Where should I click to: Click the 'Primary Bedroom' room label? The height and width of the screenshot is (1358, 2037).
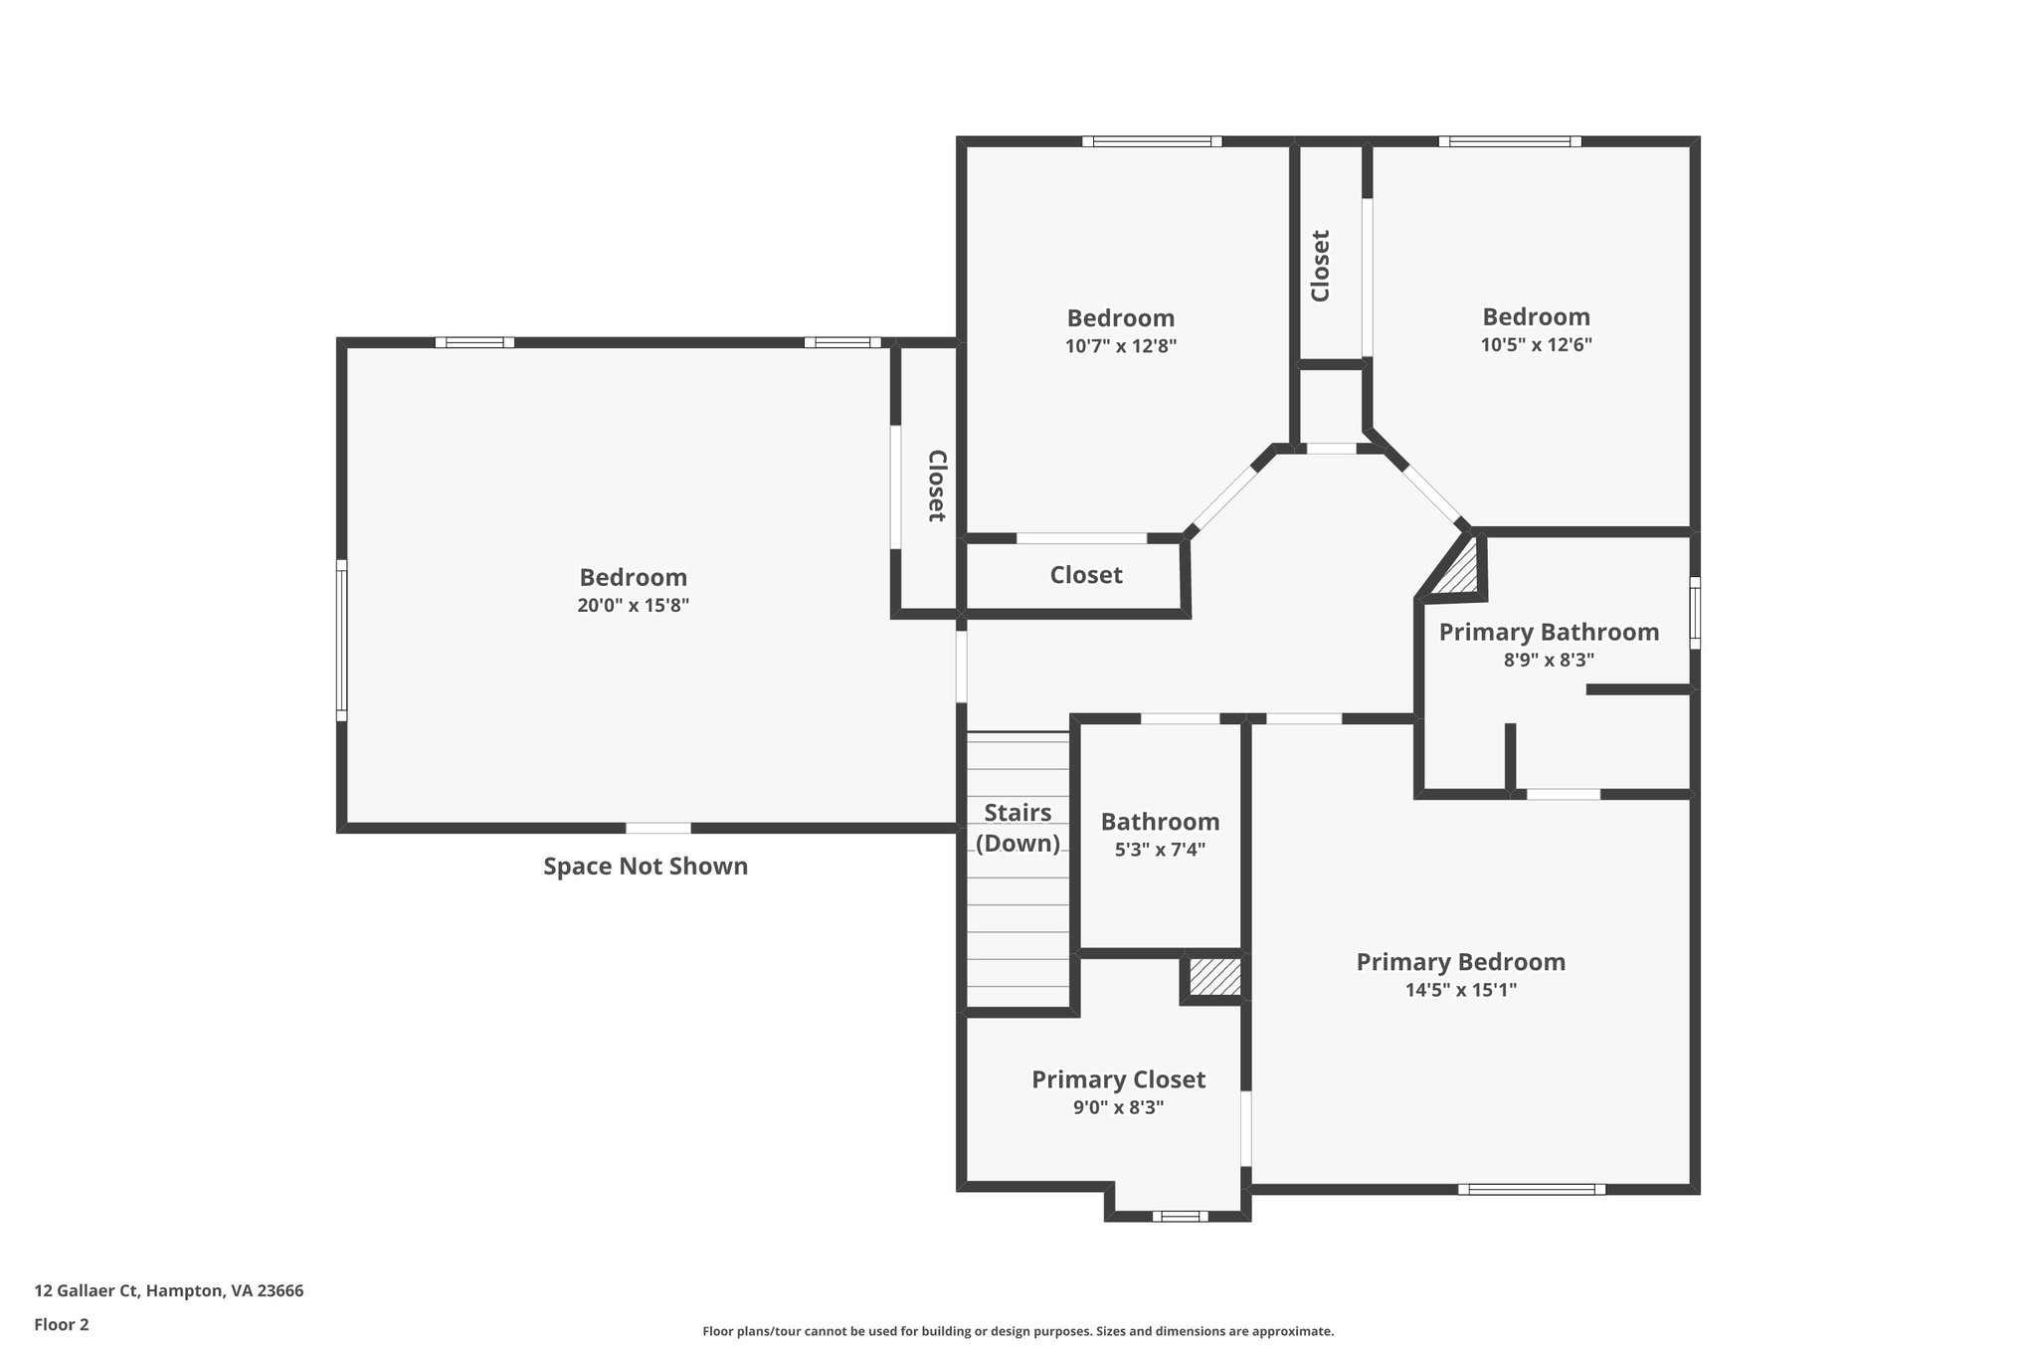pos(1460,962)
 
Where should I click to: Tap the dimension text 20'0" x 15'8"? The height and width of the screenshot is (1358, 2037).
pos(633,605)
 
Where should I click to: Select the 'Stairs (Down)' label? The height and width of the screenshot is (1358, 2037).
pos(1018,828)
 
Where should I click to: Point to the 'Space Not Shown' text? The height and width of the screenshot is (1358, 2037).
pos(645,867)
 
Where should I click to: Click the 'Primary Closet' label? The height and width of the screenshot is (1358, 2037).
pos(1118,1079)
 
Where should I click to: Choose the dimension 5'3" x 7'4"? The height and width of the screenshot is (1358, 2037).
pos(1159,850)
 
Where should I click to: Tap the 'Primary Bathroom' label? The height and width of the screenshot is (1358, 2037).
pos(1549,632)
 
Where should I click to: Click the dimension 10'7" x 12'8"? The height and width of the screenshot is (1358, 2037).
pos(1120,346)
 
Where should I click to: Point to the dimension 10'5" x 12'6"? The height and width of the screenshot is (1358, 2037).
pos(1536,345)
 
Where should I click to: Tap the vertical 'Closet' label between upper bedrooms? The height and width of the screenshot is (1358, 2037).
pos(1321,266)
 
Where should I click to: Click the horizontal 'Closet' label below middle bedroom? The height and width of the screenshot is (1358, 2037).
pos(1085,575)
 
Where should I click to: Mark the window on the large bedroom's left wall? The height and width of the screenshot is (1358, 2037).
pos(341,640)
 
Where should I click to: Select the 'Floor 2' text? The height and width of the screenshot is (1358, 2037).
pos(62,1324)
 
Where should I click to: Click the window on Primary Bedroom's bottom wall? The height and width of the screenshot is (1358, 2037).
pos(1531,1189)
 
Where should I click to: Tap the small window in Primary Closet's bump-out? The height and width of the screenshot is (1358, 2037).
pos(1180,1216)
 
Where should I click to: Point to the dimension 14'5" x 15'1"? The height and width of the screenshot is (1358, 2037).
pos(1460,990)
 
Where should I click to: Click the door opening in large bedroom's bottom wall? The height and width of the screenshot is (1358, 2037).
pos(657,828)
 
